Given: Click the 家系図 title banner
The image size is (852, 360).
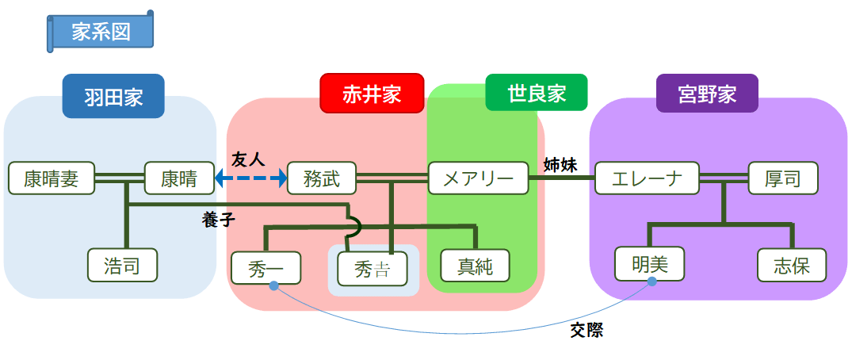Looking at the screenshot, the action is (101, 32).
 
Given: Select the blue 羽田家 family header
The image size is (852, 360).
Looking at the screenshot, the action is (113, 96).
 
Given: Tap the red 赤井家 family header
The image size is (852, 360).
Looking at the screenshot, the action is (372, 94).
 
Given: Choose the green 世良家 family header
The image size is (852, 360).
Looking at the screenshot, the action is (537, 93).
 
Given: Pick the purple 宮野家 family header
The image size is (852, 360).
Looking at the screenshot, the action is (707, 94).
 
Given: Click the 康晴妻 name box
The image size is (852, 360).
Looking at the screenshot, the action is (52, 178).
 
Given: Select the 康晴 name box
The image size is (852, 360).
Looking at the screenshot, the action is (179, 178).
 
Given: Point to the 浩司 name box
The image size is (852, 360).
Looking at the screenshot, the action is (122, 266).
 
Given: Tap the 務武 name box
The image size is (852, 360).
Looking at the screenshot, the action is (322, 178).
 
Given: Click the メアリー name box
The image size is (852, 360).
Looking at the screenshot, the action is (478, 178).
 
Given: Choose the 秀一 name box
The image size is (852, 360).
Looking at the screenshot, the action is (266, 267).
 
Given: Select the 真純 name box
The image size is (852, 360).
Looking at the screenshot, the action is (475, 266).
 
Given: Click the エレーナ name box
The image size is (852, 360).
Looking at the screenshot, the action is (647, 178).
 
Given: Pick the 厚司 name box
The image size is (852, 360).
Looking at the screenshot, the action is (782, 178).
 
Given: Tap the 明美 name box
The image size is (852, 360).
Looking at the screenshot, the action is (649, 265).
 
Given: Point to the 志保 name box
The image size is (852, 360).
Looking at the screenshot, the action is (792, 266).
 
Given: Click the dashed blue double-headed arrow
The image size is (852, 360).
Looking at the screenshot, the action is (251, 178).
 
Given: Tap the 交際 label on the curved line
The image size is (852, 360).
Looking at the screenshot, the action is (586, 330).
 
